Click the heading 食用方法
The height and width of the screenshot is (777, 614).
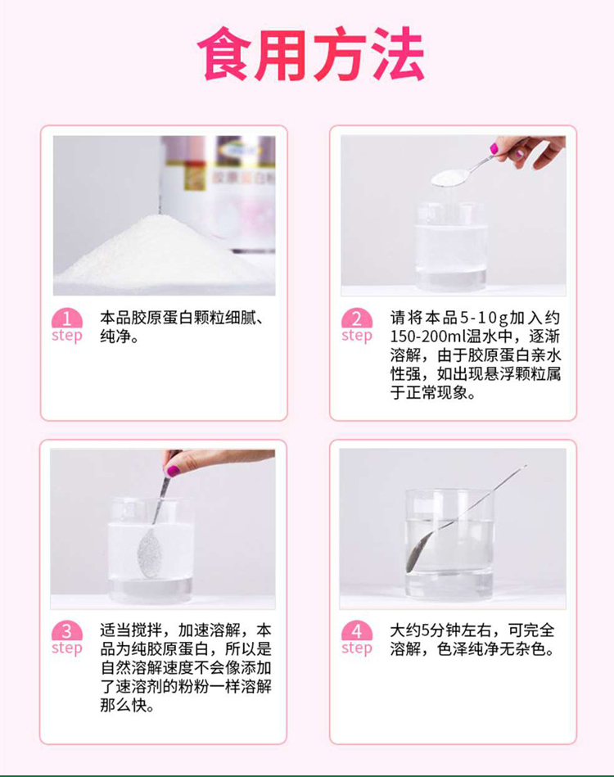click(x=311, y=55)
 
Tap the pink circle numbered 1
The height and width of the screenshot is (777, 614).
click(x=67, y=318)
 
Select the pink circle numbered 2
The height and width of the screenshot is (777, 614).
click(x=357, y=318)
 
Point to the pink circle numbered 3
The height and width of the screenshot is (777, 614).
click(x=67, y=630)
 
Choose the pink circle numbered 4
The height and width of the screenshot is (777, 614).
click(x=357, y=630)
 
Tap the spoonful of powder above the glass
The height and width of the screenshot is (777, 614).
click(x=449, y=178)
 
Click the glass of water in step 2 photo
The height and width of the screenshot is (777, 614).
click(x=451, y=246)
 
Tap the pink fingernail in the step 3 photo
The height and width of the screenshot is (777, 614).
click(x=173, y=470)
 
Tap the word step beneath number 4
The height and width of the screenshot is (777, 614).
click(x=357, y=648)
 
